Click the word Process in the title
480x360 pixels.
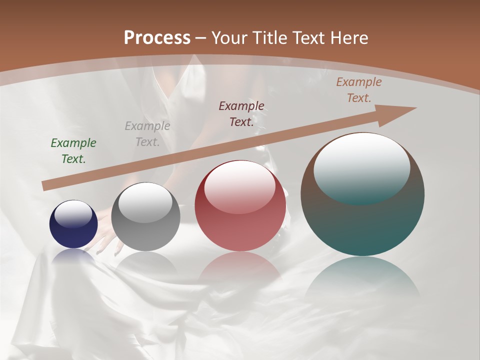pyautogui.click(x=157, y=38)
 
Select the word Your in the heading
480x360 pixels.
pyautogui.click(x=228, y=38)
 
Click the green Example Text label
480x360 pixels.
pyautogui.click(x=73, y=151)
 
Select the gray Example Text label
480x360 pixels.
pyautogui.click(x=147, y=134)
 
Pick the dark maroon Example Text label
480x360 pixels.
pyautogui.click(x=241, y=113)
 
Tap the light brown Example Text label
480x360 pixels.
pyautogui.click(x=359, y=90)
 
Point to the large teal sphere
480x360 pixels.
pyautogui.click(x=362, y=220)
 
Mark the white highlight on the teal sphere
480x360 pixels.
pyautogui.click(x=362, y=167)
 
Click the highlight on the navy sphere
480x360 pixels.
pyautogui.click(x=73, y=214)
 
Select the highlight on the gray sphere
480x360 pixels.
pyautogui.click(x=145, y=202)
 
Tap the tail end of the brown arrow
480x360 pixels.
pyautogui.click(x=46, y=185)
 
